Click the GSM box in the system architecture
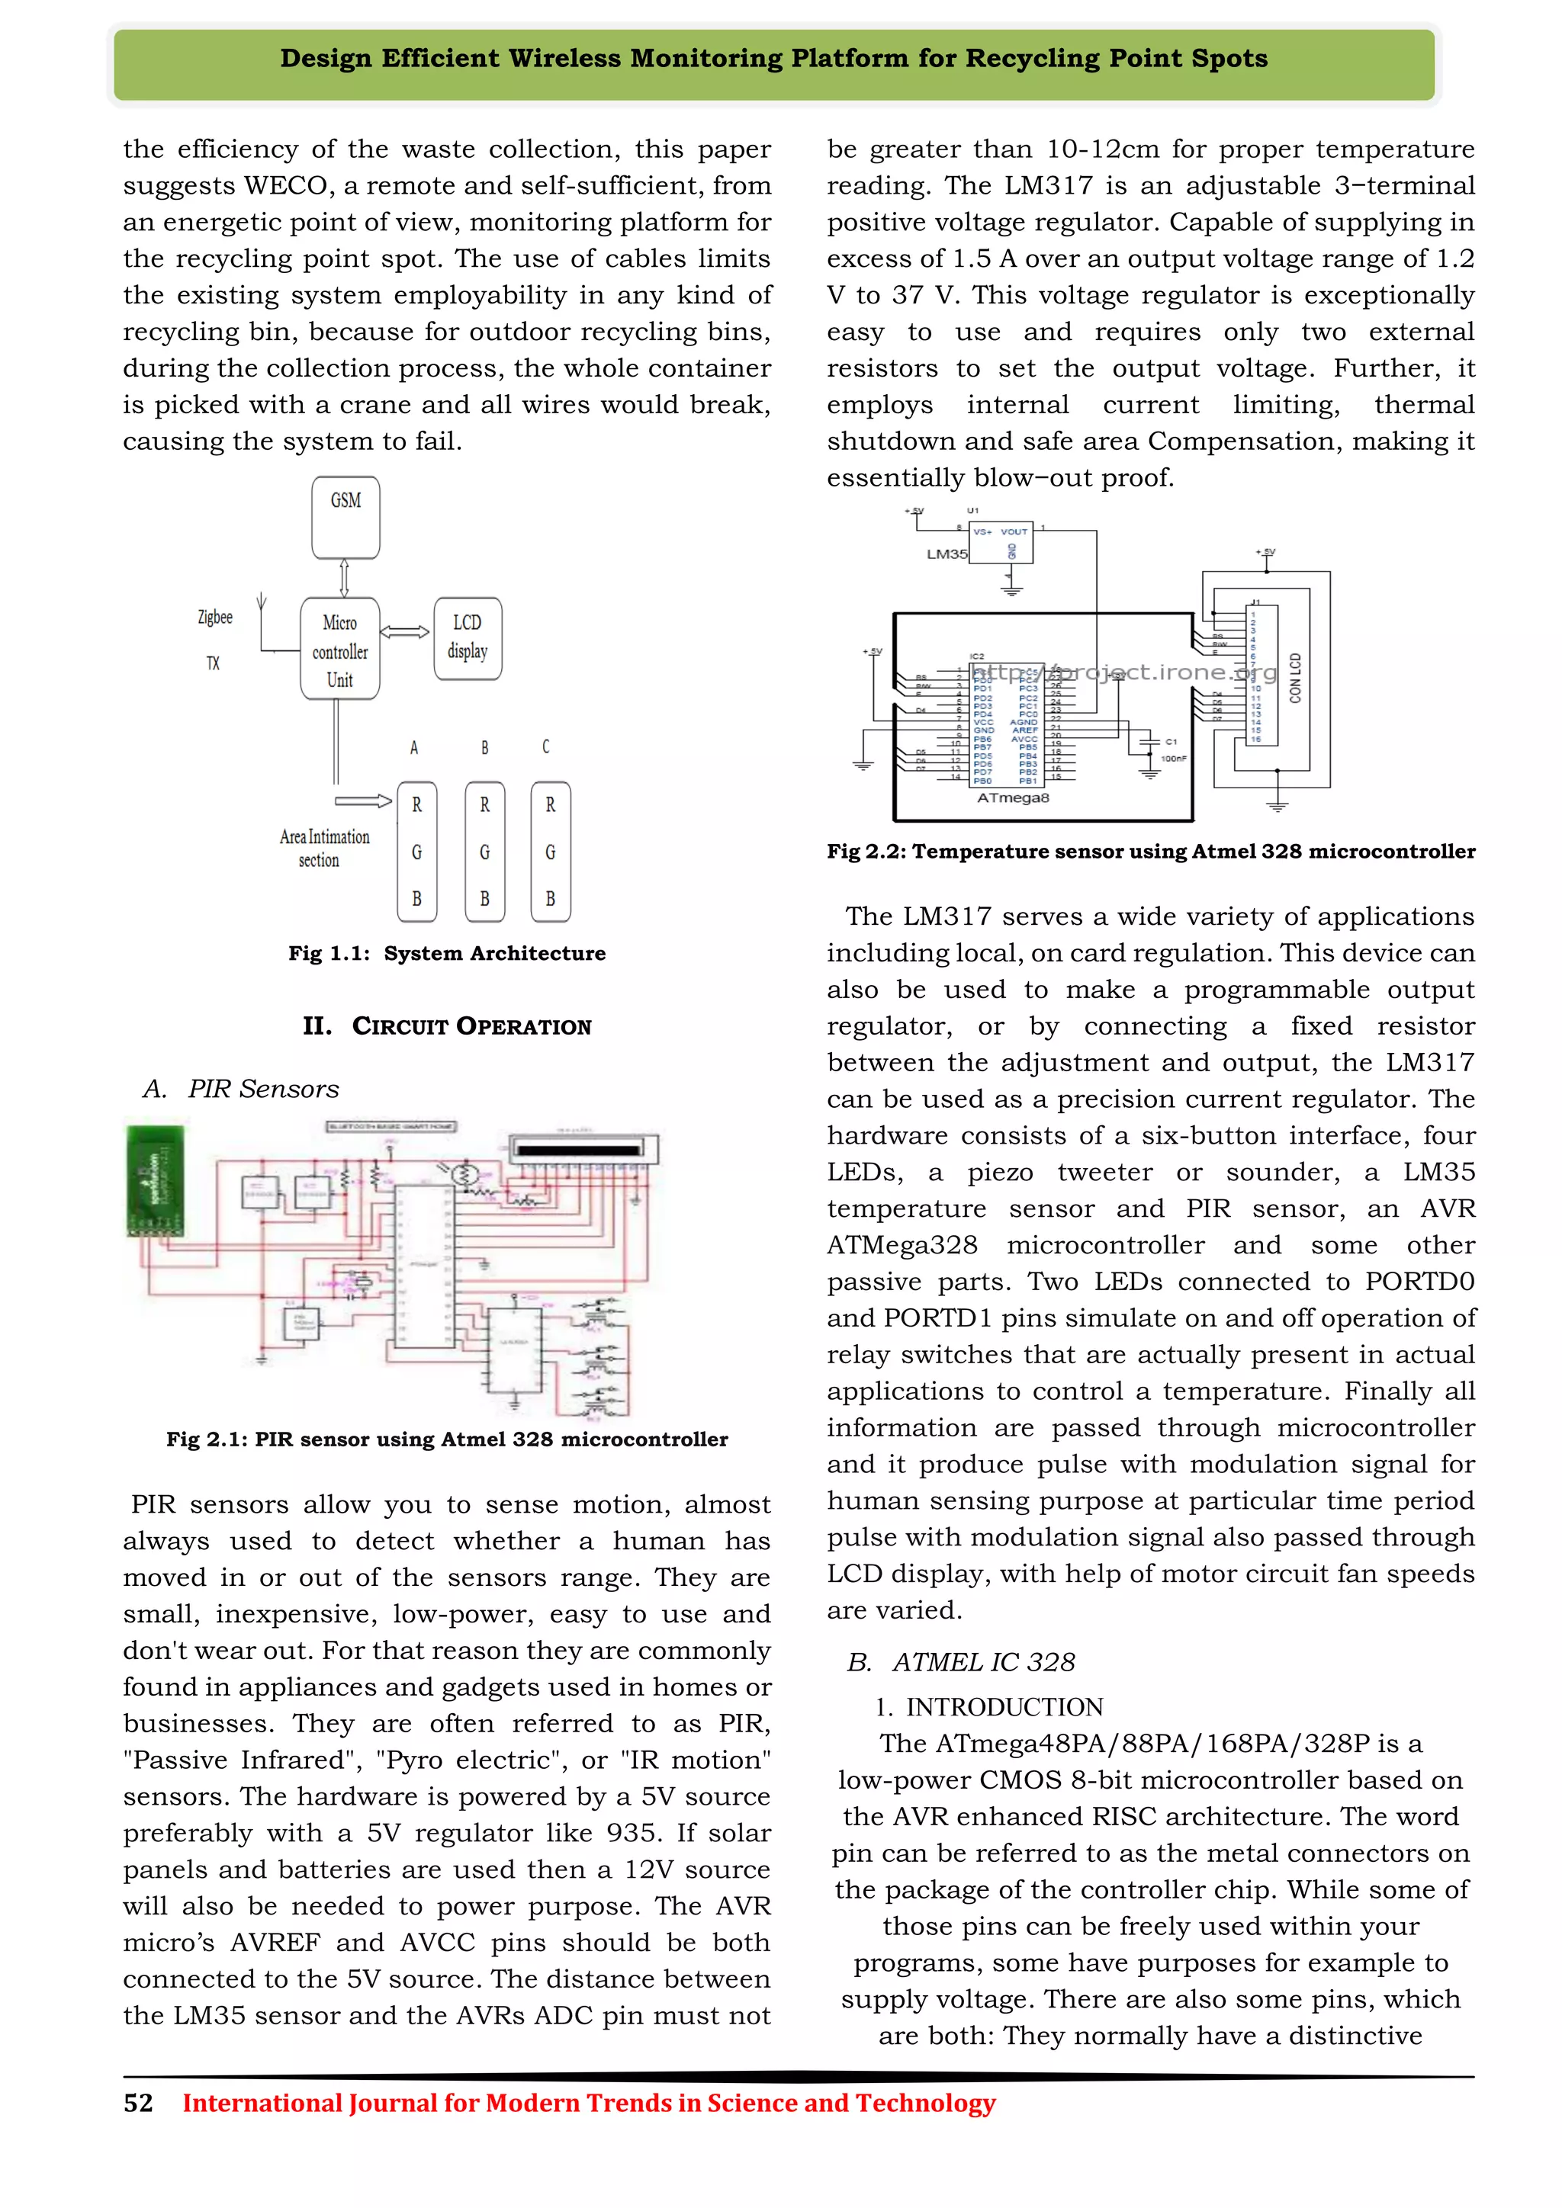346,518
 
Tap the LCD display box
468,637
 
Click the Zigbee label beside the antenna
214,618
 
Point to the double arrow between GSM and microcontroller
344,578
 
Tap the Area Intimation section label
324,848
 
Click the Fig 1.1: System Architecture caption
447,953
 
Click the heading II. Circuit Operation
447,1026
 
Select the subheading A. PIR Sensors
240,1089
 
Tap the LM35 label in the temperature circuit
947,554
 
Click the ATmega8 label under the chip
1013,798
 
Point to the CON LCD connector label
1294,678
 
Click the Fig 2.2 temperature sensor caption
1150,851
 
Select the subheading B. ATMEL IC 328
961,1662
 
